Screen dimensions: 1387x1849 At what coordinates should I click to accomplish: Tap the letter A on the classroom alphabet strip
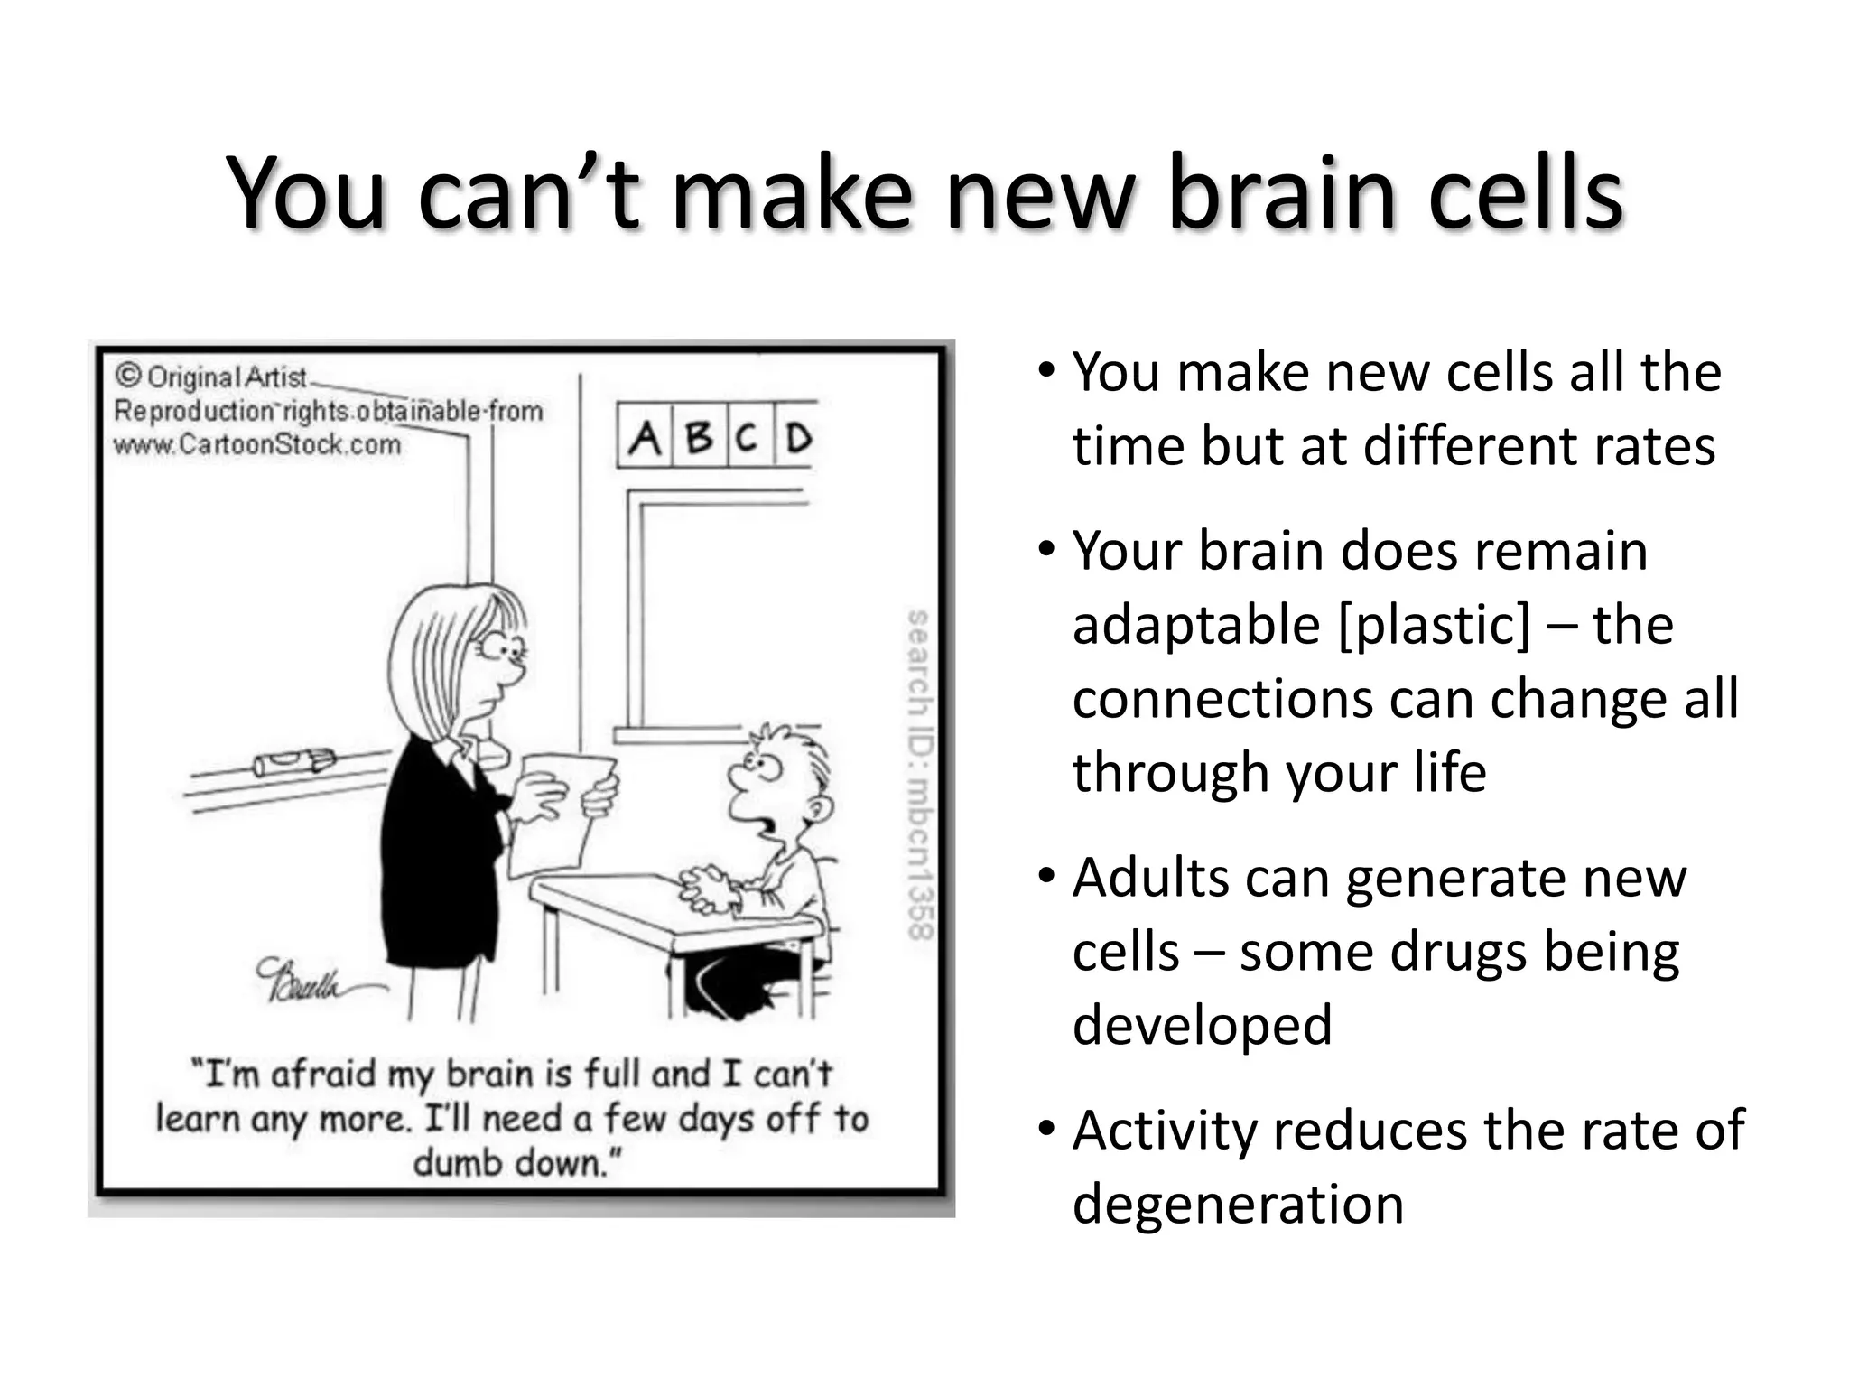pos(645,439)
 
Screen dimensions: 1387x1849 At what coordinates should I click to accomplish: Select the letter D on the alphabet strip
pos(797,439)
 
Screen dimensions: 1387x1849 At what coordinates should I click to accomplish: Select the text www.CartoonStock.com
pos(257,444)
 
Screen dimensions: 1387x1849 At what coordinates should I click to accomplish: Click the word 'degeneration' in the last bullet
pos(1238,1205)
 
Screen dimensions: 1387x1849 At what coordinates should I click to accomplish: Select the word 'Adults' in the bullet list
pos(1150,878)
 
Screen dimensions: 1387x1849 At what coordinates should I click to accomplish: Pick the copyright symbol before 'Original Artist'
pos(129,376)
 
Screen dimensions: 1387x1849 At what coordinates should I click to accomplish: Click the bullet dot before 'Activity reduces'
pos(1046,1129)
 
